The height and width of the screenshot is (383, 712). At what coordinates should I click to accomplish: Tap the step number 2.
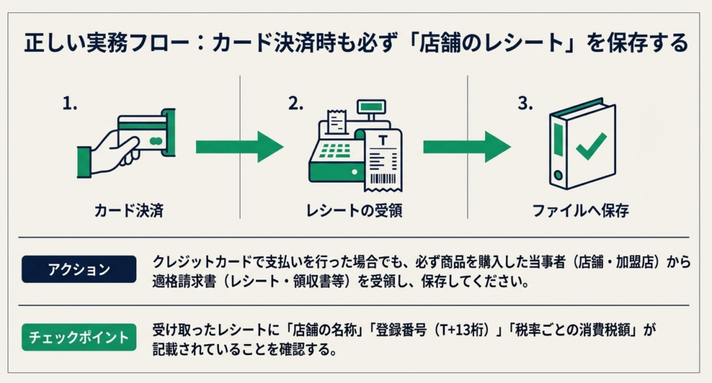point(296,104)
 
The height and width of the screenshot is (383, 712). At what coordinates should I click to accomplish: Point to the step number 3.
point(525,104)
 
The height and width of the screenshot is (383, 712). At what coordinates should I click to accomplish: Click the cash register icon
point(337,149)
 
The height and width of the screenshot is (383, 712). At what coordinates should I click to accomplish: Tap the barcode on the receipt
point(382,179)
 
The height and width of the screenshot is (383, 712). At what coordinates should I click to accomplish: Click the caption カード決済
point(129,210)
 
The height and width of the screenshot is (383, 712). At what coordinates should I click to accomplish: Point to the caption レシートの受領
point(355,210)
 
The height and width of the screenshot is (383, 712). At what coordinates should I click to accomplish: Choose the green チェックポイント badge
point(78,338)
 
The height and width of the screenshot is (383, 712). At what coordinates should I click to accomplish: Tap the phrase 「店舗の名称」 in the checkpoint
point(327,330)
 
